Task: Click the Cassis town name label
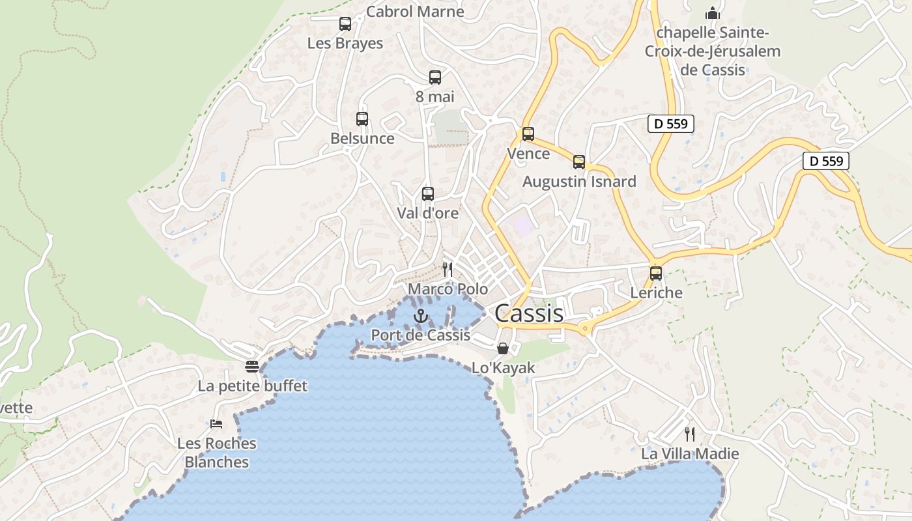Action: tap(529, 313)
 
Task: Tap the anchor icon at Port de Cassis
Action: tap(421, 317)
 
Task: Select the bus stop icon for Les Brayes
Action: tap(345, 24)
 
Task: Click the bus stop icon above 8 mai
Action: tap(435, 77)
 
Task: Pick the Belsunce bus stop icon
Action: tap(362, 119)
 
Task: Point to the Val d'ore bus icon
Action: tap(428, 194)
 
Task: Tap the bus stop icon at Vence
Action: tap(528, 134)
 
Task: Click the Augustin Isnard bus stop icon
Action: tap(579, 162)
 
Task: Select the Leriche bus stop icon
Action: tap(656, 274)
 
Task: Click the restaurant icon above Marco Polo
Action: tap(448, 269)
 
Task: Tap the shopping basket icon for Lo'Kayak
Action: tap(503, 348)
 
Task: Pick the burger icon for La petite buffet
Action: tap(252, 367)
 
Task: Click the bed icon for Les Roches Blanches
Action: tap(217, 424)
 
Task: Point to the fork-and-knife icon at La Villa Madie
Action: tap(690, 434)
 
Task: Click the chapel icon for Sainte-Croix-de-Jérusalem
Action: tap(713, 13)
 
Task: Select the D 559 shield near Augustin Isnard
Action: tap(671, 124)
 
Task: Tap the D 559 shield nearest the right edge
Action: tap(826, 161)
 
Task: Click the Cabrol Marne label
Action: tap(415, 11)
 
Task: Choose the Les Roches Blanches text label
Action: tap(217, 453)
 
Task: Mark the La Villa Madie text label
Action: tap(690, 454)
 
